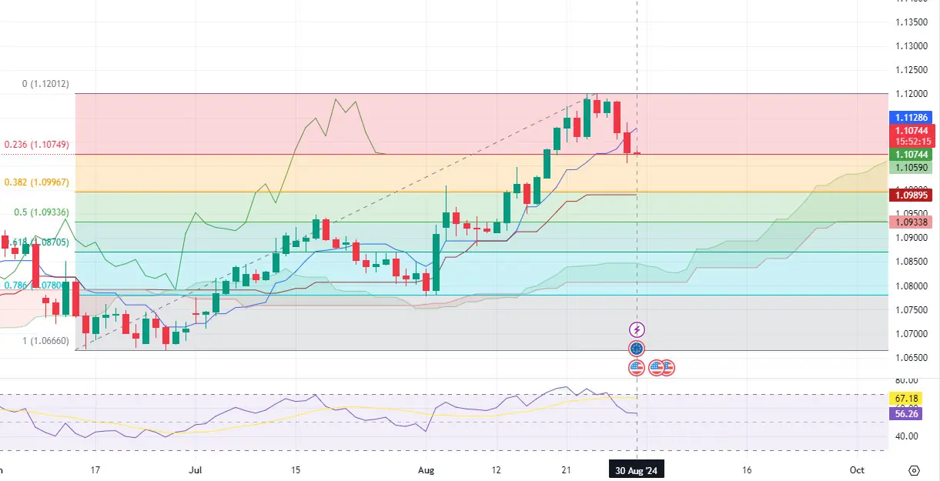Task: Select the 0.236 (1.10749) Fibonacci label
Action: coord(37,144)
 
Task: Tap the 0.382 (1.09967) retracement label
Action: coord(37,182)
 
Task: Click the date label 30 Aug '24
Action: coord(636,469)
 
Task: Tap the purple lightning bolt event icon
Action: coord(636,329)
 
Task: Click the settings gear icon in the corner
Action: coord(914,469)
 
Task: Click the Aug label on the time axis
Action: coord(425,469)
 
